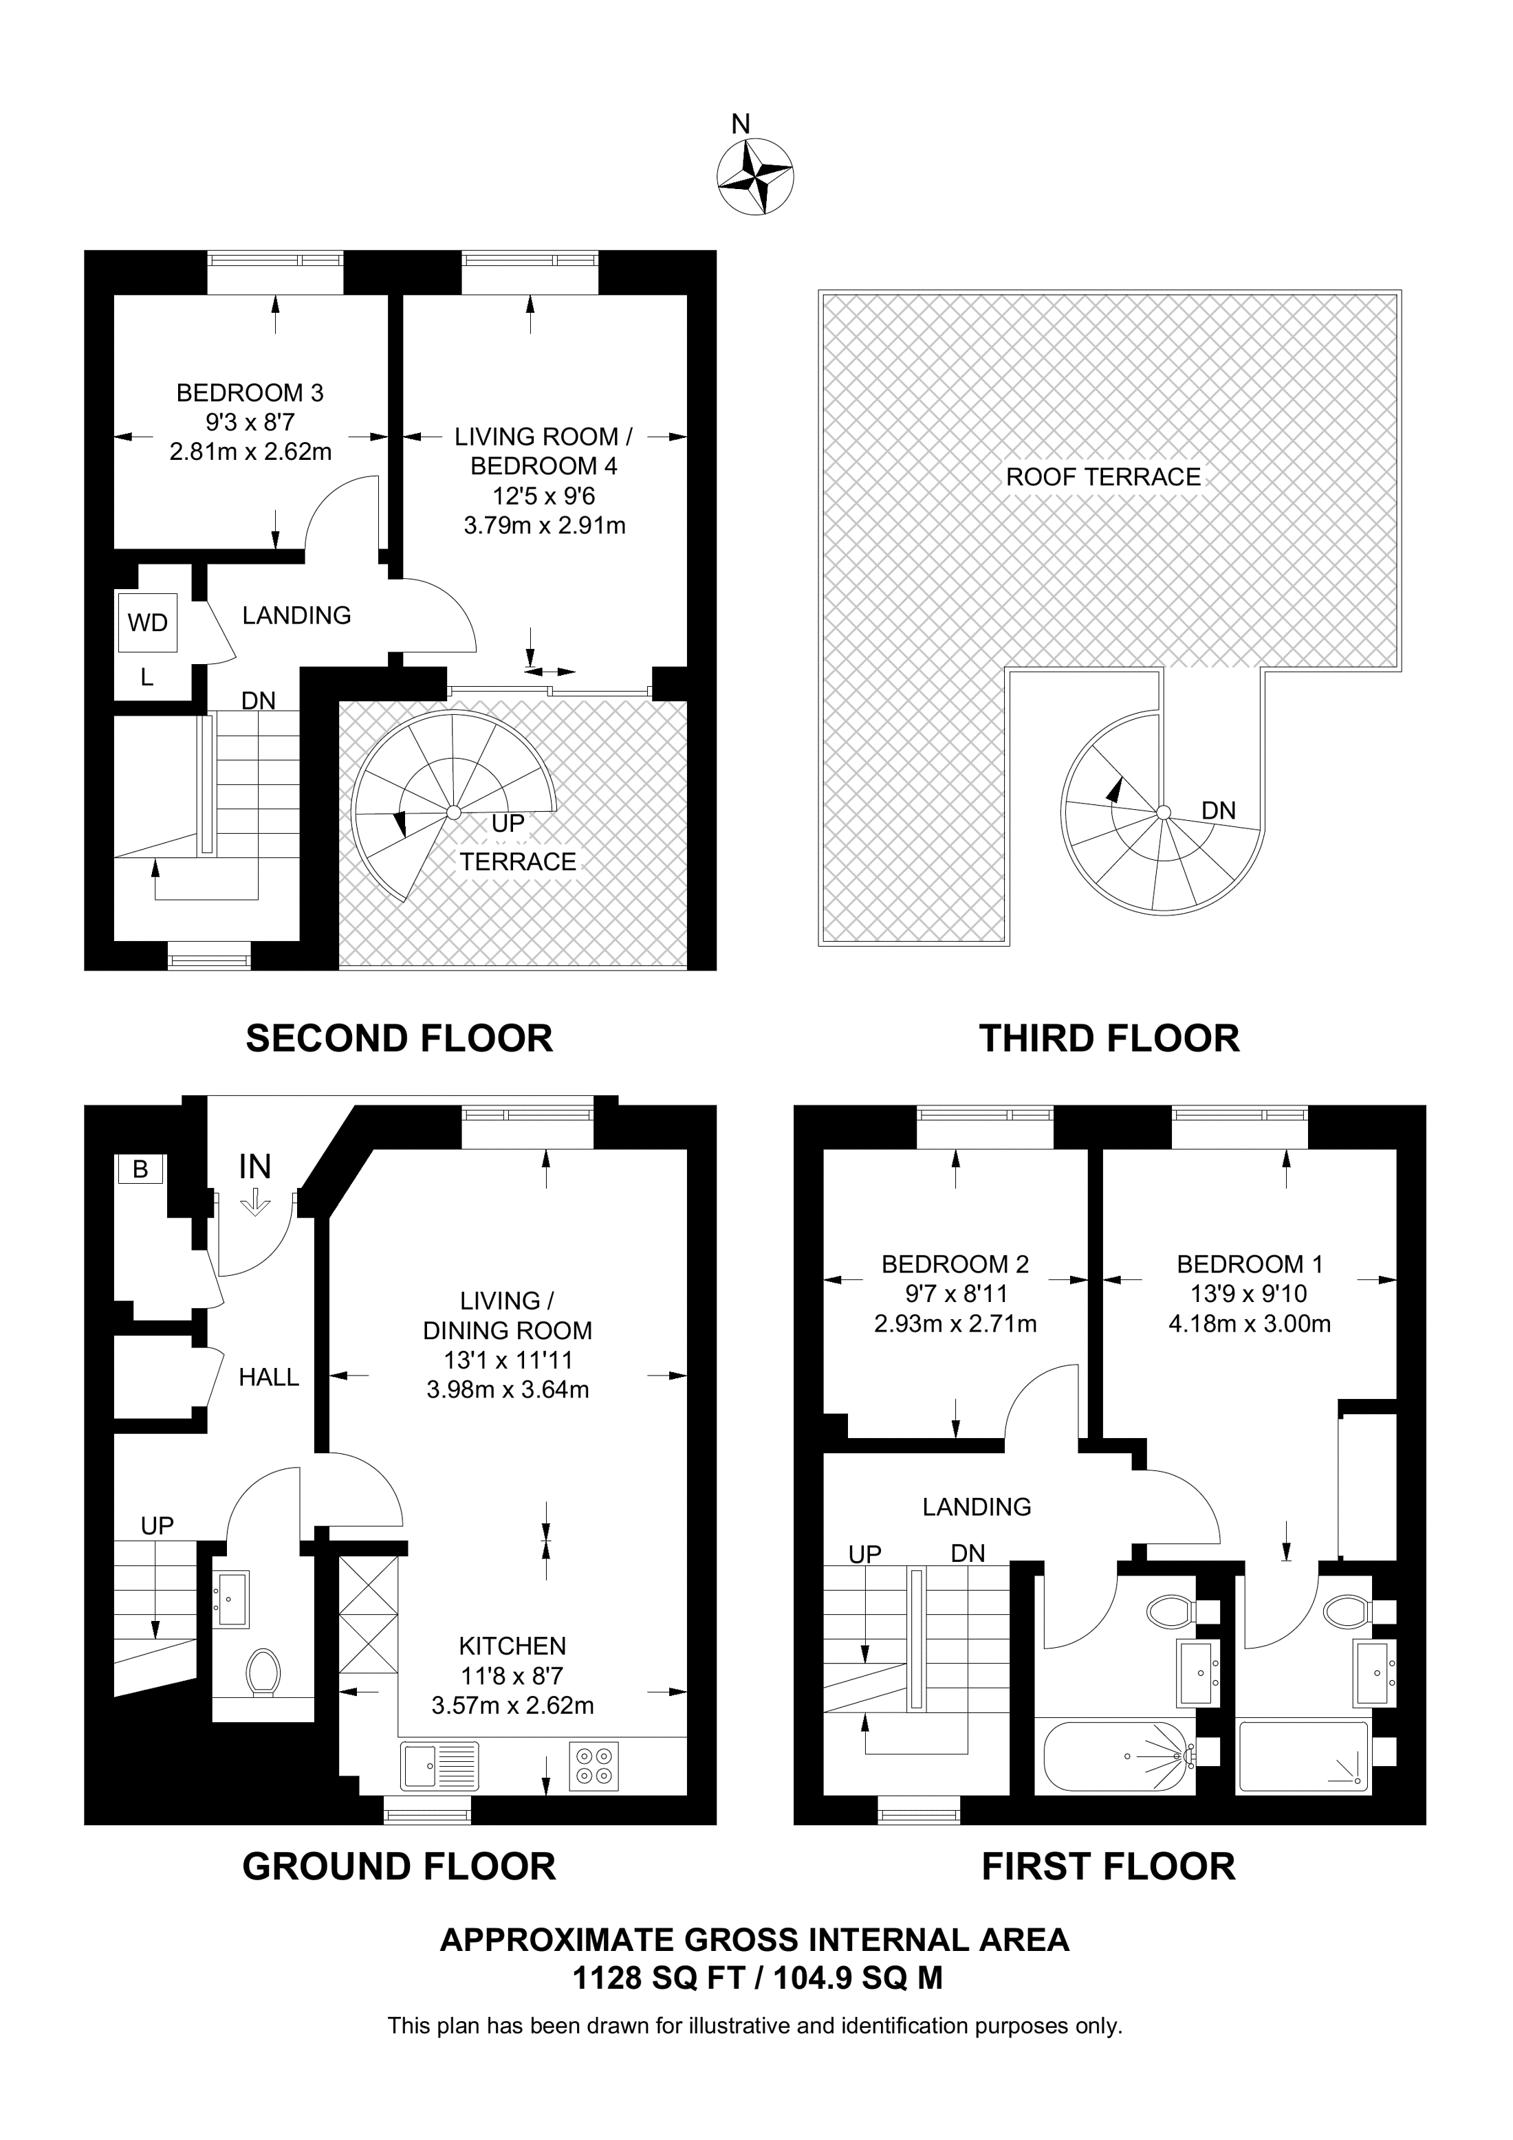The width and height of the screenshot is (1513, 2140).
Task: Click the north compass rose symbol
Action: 755,175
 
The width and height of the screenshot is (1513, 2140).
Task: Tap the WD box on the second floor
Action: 147,623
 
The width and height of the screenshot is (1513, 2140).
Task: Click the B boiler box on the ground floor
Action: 140,1169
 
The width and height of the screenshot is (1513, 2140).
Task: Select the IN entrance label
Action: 254,1167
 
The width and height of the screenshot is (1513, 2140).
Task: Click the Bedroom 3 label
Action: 250,393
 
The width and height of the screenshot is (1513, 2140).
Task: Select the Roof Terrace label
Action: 1103,477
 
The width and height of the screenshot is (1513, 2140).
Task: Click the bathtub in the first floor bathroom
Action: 1117,1756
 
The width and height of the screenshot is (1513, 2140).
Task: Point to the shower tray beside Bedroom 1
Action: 1303,1757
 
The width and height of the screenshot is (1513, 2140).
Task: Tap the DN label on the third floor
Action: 1219,811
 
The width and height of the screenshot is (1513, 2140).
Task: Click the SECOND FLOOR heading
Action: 399,1038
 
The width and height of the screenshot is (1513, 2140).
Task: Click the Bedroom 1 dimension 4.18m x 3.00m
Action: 1249,1323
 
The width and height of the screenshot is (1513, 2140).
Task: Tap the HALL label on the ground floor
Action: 268,1378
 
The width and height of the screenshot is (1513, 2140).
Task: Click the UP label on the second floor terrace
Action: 508,824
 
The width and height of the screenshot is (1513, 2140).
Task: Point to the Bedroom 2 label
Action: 955,1264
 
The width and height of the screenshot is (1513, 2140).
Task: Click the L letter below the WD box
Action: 146,679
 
